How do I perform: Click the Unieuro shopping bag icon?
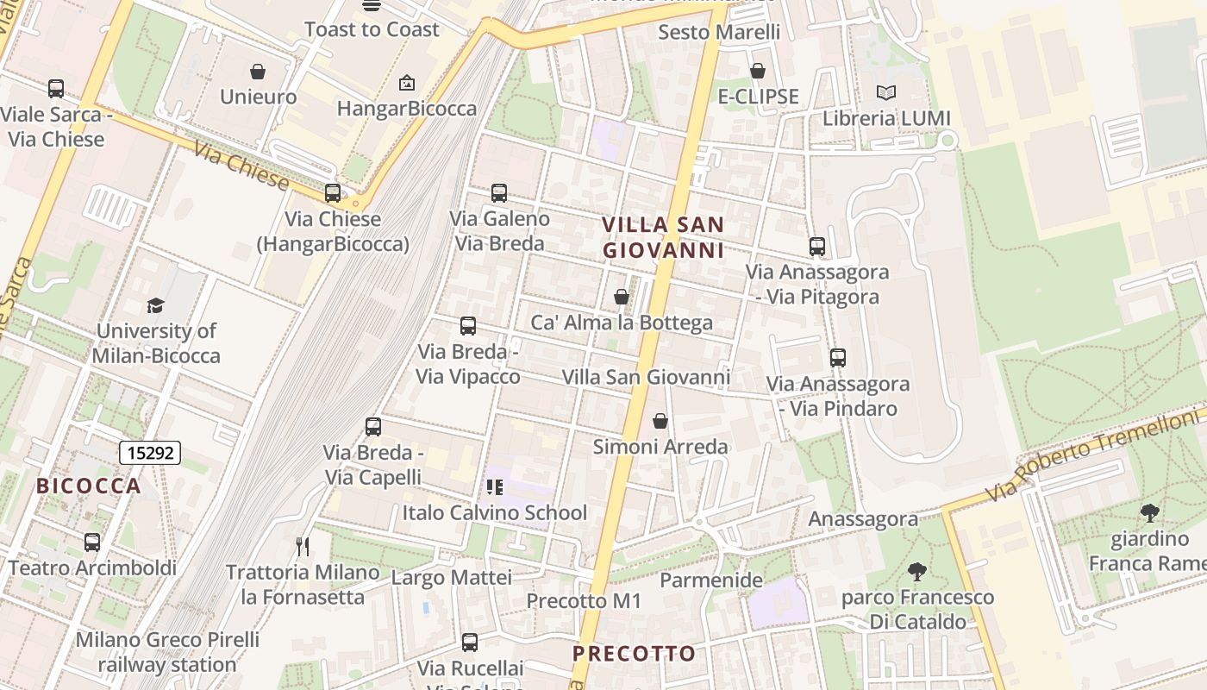[x=257, y=72]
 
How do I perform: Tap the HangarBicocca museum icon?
[x=406, y=83]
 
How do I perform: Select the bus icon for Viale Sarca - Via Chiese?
[x=56, y=89]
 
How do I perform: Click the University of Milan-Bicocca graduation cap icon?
[x=155, y=305]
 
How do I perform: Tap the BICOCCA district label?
[x=88, y=486]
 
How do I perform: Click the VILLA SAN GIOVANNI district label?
[x=662, y=237]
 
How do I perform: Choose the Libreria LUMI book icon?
[x=885, y=92]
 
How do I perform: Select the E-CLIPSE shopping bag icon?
[x=758, y=71]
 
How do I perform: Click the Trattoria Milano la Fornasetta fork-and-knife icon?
[x=302, y=546]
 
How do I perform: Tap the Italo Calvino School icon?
[x=494, y=487]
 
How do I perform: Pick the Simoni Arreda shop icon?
[x=660, y=421]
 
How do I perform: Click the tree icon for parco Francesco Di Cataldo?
[x=916, y=571]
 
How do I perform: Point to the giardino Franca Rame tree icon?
[x=1149, y=513]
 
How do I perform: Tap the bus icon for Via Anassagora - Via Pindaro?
[x=837, y=357]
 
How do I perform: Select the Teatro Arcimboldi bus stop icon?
[x=92, y=543]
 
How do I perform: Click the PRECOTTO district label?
[x=634, y=654]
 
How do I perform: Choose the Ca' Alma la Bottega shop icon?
[x=621, y=298]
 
